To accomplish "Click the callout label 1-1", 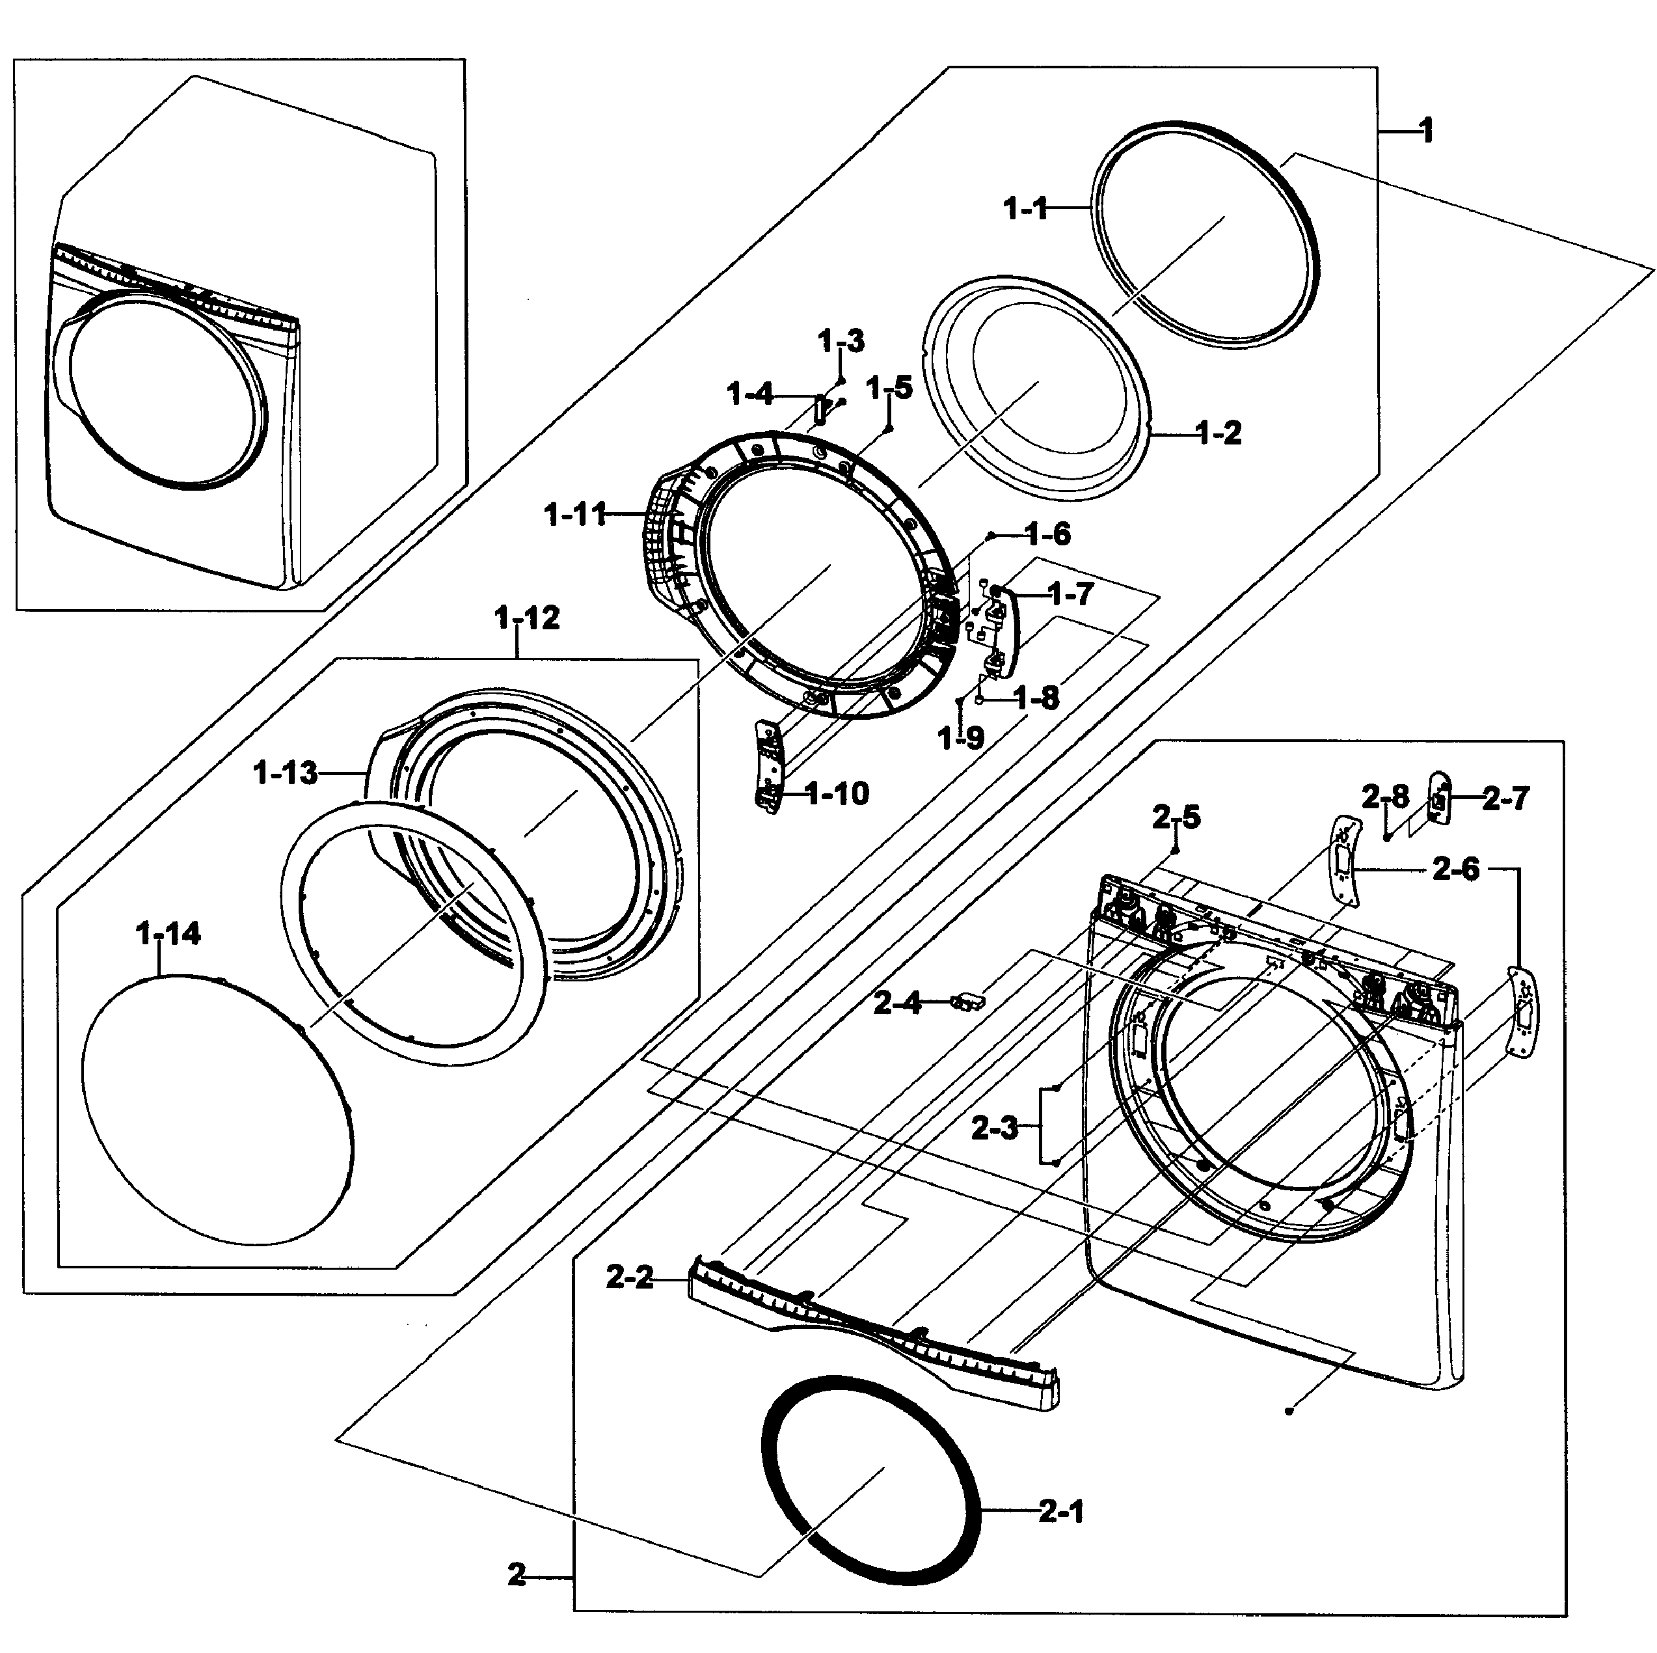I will [x=1026, y=208].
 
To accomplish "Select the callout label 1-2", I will [x=1219, y=433].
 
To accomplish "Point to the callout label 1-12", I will [x=526, y=618].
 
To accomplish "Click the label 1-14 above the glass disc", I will [x=168, y=933].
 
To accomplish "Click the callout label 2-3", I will [x=995, y=1128].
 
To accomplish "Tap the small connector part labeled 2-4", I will [x=967, y=1000].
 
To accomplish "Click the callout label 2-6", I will [x=1457, y=870].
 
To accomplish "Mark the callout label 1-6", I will [x=1048, y=534].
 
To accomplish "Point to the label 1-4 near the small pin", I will [x=749, y=394].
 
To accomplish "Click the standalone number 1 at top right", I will [x=1425, y=131].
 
